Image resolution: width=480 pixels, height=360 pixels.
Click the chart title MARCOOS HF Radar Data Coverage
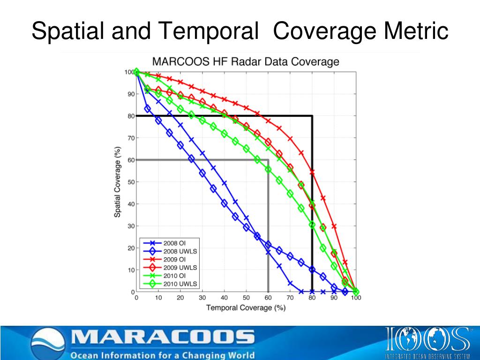click(x=245, y=61)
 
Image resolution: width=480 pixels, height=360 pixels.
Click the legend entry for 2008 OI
click(x=174, y=243)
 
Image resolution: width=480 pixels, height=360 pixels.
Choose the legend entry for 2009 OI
click(x=174, y=259)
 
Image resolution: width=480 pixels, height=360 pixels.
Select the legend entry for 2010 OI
click(x=174, y=276)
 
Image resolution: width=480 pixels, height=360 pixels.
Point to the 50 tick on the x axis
click(x=246, y=298)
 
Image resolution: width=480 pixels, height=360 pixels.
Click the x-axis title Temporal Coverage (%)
click(x=246, y=307)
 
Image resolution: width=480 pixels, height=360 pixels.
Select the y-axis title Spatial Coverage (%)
click(x=117, y=182)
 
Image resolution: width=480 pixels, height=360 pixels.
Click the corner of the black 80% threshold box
click(x=312, y=116)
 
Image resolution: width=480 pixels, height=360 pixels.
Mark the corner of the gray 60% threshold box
click(x=268, y=160)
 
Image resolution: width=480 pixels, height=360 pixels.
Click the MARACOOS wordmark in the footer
click(x=162, y=337)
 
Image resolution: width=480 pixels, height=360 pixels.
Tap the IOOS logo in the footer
click(x=427, y=340)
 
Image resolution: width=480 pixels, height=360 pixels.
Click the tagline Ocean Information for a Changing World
click(x=162, y=354)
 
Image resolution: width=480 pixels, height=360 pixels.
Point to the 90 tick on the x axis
click(x=334, y=298)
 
